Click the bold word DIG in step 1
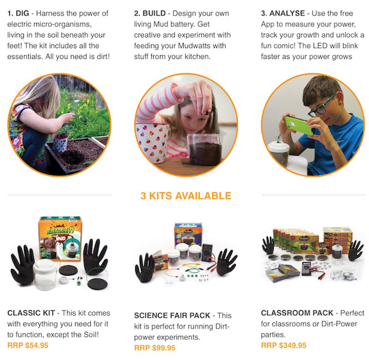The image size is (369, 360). point(23,13)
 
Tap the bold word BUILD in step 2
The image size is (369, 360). point(154,13)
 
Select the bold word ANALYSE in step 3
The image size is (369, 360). point(287,13)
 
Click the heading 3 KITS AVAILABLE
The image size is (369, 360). point(186,196)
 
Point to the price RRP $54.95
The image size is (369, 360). point(28,345)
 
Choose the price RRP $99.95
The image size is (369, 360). point(154,348)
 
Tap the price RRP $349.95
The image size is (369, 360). point(284,345)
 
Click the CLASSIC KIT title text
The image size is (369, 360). point(31,313)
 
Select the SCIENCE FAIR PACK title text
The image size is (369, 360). point(172,316)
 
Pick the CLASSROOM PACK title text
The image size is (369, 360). point(297,313)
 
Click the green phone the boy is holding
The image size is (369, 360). point(299,126)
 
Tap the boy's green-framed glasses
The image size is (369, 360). point(321,107)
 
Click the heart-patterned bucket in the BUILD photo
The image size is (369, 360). point(153,143)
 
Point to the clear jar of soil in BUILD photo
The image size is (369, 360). point(205,150)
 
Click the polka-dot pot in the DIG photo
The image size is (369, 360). point(60,142)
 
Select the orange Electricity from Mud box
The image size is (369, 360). point(60,239)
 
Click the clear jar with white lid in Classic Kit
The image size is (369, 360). point(45,274)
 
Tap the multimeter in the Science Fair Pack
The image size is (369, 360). point(208,252)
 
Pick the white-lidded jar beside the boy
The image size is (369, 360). point(279,153)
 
